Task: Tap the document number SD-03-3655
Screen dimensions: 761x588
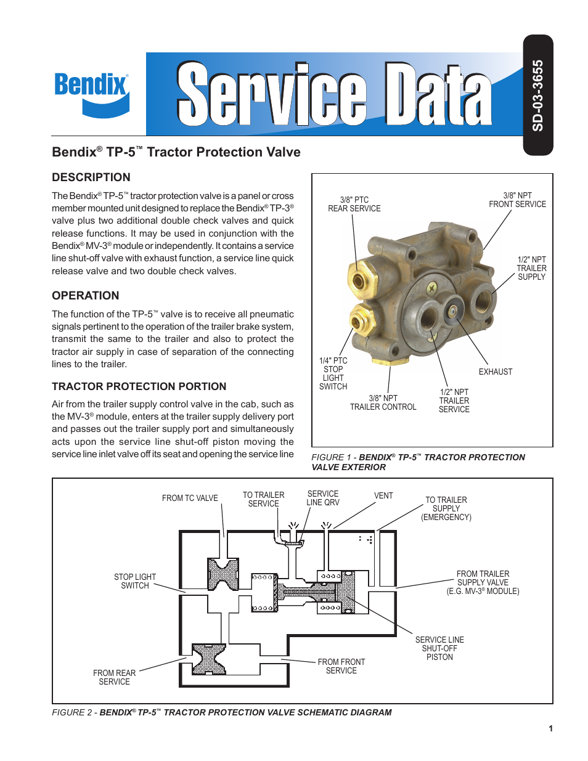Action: [537, 96]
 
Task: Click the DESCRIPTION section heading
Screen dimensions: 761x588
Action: [91, 177]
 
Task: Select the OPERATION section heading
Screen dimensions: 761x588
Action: [86, 296]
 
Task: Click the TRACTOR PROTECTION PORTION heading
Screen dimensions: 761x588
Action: [139, 386]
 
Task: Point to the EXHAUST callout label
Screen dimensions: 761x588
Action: [495, 372]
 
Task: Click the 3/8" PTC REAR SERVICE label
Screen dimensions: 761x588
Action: [354, 204]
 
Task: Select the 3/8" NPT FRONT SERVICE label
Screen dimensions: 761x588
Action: [517, 200]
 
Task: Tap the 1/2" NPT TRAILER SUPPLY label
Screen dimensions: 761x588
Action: [531, 268]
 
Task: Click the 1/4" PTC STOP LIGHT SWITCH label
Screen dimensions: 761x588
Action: [333, 373]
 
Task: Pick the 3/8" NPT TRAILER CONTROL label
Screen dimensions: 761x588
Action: [383, 402]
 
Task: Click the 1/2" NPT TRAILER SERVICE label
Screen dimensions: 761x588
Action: [454, 401]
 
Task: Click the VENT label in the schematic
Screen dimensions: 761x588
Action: [383, 495]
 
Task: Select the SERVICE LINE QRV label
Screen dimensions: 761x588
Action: [323, 498]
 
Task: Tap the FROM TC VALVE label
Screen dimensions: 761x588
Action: [190, 498]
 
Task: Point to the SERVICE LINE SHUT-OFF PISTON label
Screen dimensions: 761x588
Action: [439, 648]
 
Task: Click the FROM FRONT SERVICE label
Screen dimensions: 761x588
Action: [341, 666]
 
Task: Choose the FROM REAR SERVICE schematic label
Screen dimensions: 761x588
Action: [115, 677]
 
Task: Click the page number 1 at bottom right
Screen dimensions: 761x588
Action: [550, 728]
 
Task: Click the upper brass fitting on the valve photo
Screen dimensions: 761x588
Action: [361, 279]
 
